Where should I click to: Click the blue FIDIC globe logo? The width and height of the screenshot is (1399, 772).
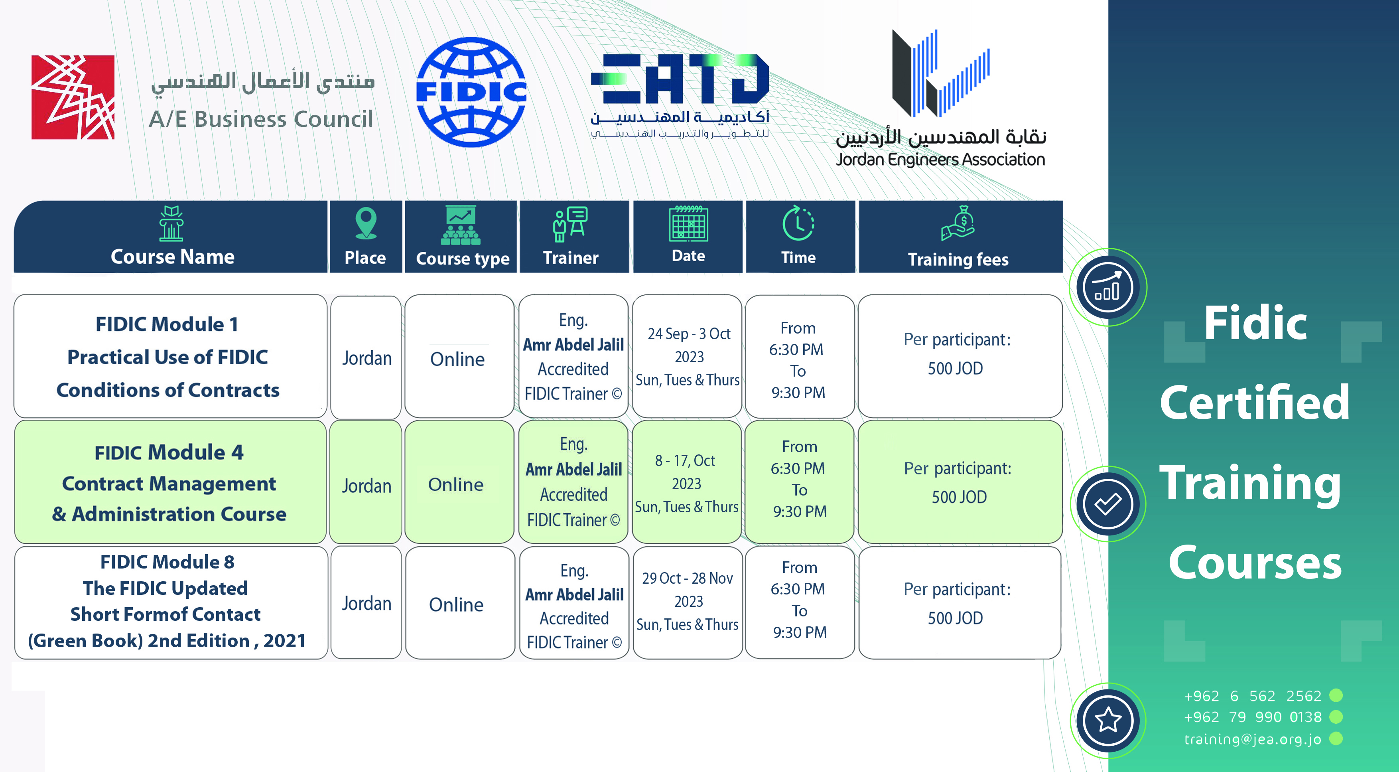(x=471, y=92)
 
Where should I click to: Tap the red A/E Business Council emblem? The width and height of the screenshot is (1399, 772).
(x=73, y=97)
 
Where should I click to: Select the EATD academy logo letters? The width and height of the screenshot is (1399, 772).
(x=680, y=79)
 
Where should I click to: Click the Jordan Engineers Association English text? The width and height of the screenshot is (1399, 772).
(x=940, y=159)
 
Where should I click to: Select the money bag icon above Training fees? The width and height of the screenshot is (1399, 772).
(x=959, y=223)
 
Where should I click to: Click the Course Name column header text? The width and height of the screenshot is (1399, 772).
(x=173, y=257)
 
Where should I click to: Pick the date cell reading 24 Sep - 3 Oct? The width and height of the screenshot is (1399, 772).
(x=688, y=356)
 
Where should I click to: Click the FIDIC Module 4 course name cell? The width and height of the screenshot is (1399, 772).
(x=170, y=482)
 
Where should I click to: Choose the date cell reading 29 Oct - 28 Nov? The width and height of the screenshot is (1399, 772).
(x=688, y=602)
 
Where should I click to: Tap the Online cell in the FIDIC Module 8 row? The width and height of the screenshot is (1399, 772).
(x=460, y=603)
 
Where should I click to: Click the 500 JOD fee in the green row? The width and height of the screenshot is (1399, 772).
(x=959, y=497)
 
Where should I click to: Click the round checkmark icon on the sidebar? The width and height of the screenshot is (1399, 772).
(x=1107, y=503)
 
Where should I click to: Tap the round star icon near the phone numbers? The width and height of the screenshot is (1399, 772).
(x=1108, y=721)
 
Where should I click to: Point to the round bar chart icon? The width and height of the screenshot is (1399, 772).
(x=1108, y=287)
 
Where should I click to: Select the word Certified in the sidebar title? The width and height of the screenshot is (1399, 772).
(x=1255, y=403)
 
